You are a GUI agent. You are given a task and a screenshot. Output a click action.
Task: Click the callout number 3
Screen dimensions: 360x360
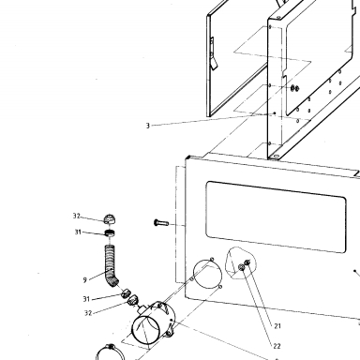[148, 126]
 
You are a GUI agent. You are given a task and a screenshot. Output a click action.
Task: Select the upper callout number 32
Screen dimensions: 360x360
[77, 216]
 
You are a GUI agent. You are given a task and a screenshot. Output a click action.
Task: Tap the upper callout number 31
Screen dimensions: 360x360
[78, 232]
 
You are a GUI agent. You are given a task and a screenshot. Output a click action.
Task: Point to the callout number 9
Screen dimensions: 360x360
[85, 280]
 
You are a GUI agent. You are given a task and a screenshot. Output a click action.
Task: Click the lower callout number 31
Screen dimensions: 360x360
[86, 299]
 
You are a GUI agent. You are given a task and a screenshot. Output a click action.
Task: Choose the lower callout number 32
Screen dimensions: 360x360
[88, 313]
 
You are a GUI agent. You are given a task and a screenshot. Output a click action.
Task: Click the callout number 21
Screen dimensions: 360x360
[277, 326]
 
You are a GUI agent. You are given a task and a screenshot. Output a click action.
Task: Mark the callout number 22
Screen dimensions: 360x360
[277, 346]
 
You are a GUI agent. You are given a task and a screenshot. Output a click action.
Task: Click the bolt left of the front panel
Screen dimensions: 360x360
[161, 223]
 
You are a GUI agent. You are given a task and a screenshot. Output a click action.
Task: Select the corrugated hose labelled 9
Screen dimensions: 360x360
[110, 264]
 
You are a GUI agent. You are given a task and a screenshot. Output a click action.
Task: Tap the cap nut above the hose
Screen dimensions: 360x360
[109, 219]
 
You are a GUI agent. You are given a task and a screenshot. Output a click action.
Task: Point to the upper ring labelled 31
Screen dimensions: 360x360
[110, 232]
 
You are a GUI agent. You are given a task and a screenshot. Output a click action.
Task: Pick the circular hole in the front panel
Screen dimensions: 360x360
[207, 275]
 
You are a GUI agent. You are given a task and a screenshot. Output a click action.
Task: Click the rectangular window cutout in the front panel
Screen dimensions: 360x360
[276, 217]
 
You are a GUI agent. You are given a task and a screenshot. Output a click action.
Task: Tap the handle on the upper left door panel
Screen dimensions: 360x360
[213, 53]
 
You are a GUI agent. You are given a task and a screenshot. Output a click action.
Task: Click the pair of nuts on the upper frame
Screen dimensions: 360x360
[294, 88]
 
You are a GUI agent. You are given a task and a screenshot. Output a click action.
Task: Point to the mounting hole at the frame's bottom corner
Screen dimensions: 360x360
[276, 156]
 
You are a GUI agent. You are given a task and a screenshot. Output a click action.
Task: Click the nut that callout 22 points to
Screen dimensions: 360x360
[242, 267]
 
